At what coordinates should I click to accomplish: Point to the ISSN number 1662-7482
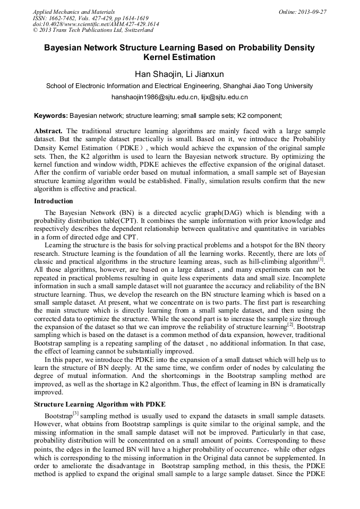[62, 18]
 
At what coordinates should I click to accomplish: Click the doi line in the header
[96, 24]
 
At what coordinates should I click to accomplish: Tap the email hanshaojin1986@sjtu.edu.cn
[155, 98]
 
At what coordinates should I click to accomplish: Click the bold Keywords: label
[51, 115]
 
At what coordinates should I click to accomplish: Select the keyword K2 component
[259, 115]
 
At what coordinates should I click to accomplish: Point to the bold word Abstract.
[48, 131]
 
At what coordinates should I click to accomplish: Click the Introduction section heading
[54, 201]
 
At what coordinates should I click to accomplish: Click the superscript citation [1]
[321, 260]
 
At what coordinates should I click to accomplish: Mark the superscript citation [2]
[290, 324]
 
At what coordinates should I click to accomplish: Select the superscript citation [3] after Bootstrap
[76, 413]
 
